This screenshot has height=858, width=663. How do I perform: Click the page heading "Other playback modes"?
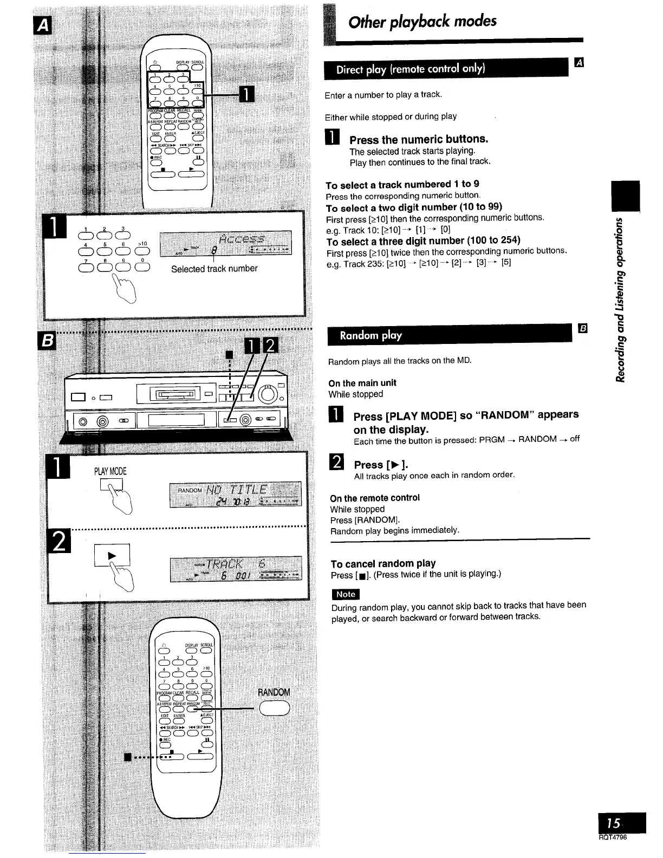(422, 22)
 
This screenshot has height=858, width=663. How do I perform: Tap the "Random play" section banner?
(370, 335)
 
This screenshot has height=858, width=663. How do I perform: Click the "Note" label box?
(346, 594)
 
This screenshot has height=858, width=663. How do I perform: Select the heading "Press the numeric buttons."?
(419, 139)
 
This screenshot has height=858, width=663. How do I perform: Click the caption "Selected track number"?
(214, 269)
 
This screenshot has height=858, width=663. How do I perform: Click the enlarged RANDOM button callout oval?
(275, 708)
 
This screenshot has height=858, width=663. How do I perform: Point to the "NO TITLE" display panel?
(235, 494)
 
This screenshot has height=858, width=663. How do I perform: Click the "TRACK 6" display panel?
(235, 568)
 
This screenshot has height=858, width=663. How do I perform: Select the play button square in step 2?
(112, 555)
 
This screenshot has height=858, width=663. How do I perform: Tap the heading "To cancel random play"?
(383, 563)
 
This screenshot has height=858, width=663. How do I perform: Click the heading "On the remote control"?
(375, 498)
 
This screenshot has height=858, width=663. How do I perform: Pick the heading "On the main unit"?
(362, 383)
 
